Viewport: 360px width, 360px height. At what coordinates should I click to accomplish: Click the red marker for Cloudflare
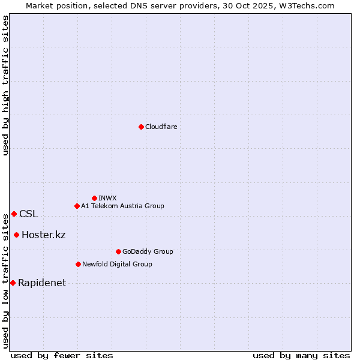pyautogui.click(x=141, y=127)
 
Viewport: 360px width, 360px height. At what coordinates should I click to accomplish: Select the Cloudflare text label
pyautogui.click(x=161, y=127)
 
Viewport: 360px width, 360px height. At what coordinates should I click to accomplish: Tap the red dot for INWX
pyautogui.click(x=94, y=198)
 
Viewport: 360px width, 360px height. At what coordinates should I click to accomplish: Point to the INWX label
pyautogui.click(x=108, y=198)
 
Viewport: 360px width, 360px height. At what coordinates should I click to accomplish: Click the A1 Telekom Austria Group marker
pyautogui.click(x=77, y=206)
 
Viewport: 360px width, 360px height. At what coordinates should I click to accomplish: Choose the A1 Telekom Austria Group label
pyautogui.click(x=122, y=206)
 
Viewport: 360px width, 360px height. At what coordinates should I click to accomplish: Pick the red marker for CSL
pyautogui.click(x=14, y=214)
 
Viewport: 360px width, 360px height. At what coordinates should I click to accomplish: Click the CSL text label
pyautogui.click(x=28, y=214)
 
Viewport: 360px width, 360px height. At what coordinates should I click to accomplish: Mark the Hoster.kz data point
pyautogui.click(x=16, y=235)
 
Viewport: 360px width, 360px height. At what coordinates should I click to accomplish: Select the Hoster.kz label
pyautogui.click(x=43, y=235)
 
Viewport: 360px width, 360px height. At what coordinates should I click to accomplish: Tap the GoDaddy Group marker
pyautogui.click(x=118, y=251)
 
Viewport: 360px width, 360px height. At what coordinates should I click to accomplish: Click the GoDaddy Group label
pyautogui.click(x=148, y=251)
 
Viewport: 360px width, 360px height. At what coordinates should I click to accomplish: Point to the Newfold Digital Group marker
pyautogui.click(x=78, y=264)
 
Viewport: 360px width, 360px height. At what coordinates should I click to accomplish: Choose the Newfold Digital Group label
pyautogui.click(x=117, y=264)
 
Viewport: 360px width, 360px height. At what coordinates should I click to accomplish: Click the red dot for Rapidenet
pyautogui.click(x=13, y=283)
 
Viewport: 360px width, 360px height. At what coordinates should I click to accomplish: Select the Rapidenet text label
pyautogui.click(x=42, y=283)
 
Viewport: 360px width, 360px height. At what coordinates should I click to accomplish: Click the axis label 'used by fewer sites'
pyautogui.click(x=62, y=355)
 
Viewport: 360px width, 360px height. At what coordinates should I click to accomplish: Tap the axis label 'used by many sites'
pyautogui.click(x=301, y=355)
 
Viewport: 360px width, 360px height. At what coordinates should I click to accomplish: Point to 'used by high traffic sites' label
pyautogui.click(x=5, y=85)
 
